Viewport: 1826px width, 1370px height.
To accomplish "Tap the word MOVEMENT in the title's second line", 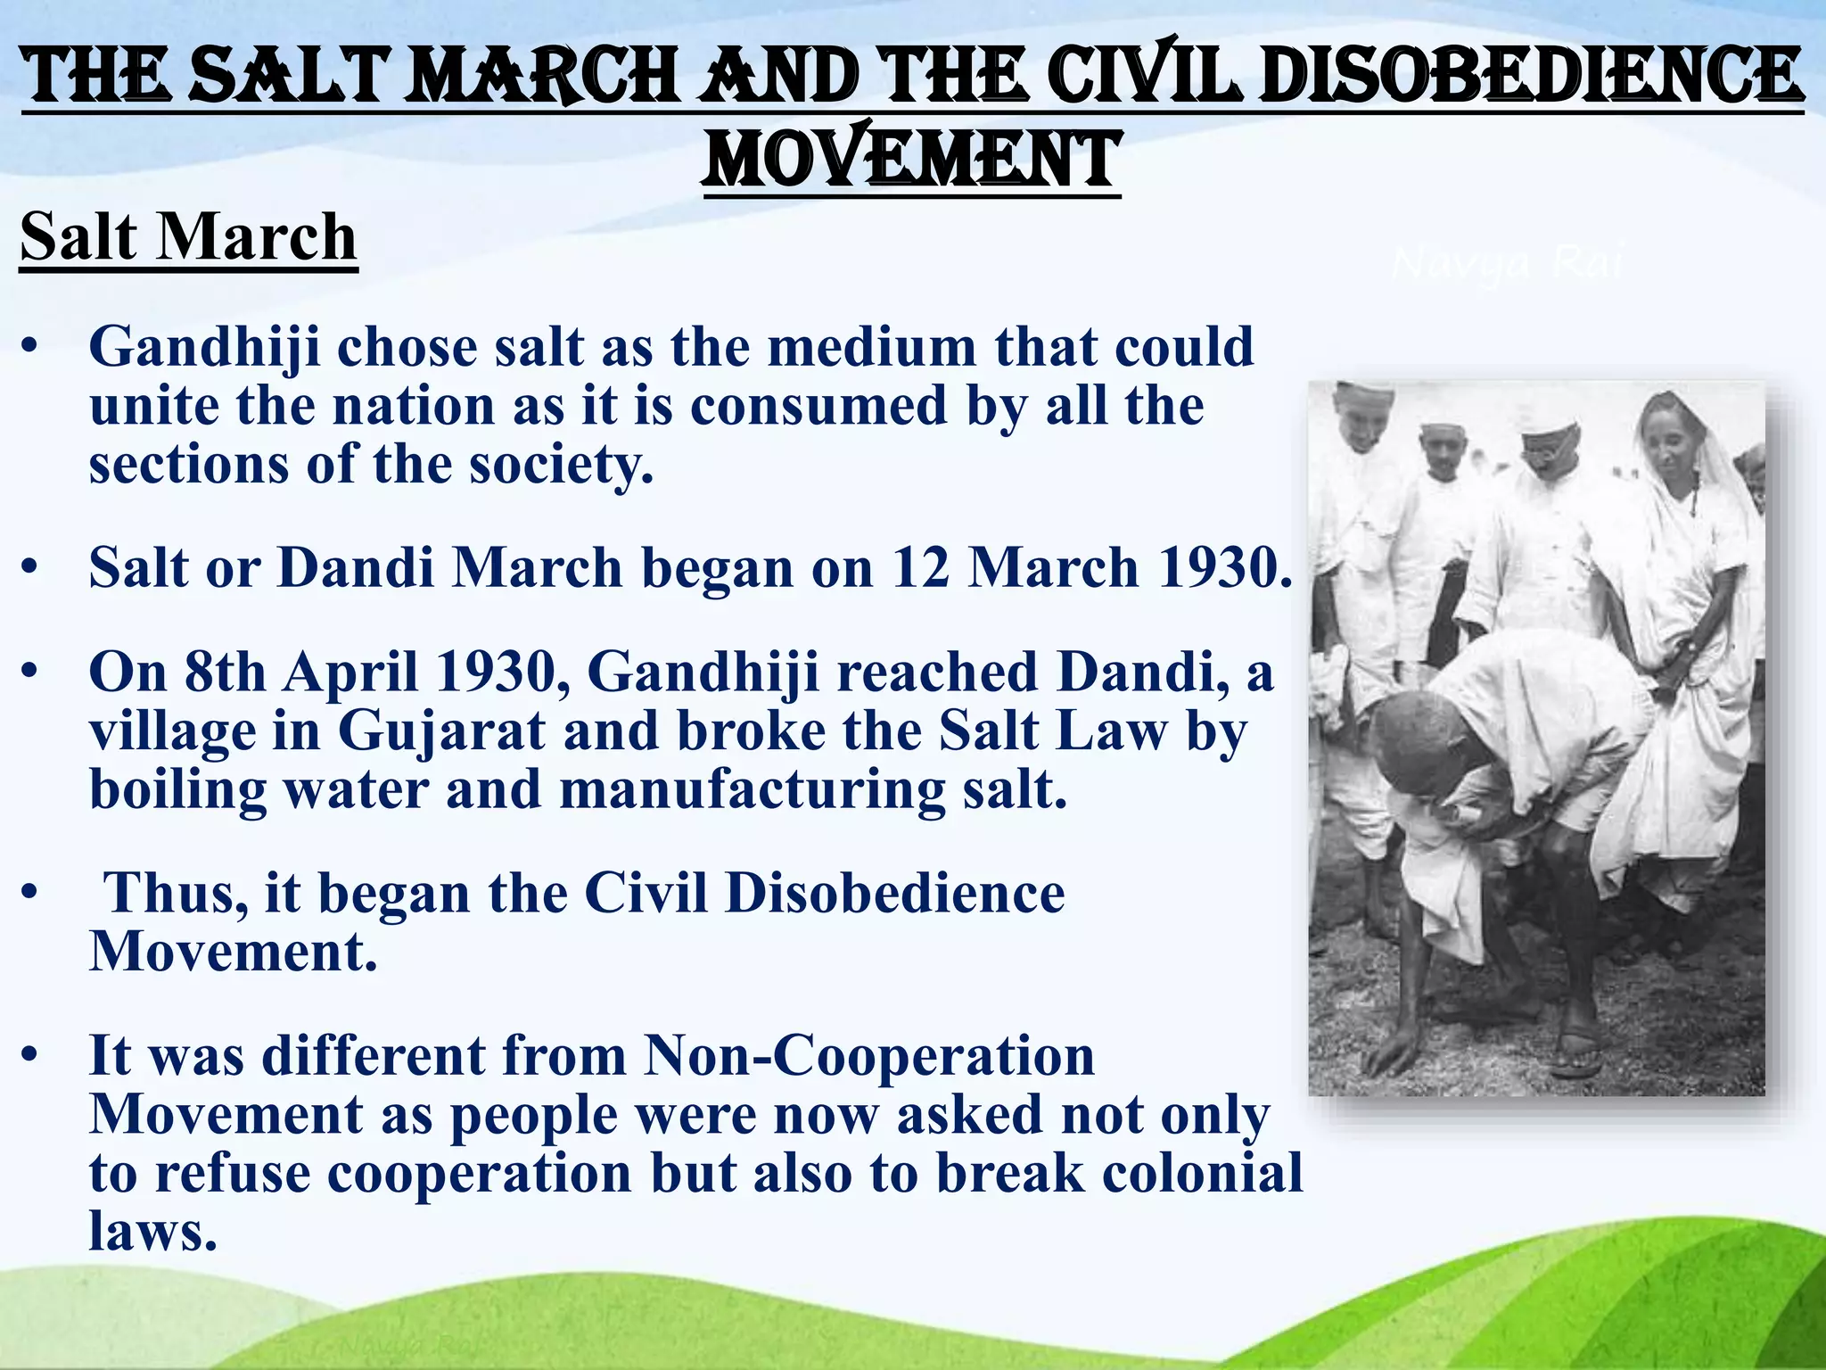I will coord(910,160).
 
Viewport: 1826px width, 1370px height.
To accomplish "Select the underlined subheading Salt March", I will coord(188,237).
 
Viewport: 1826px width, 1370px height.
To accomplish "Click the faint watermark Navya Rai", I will coord(1507,264).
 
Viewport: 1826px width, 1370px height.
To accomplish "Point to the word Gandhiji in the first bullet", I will coord(204,347).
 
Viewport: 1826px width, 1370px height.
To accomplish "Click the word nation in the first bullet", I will coord(414,406).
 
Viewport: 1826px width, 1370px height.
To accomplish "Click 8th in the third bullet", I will coord(225,672).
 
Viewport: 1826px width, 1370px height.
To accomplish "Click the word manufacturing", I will coord(752,790).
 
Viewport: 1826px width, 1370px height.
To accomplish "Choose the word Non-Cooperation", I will coord(868,1056).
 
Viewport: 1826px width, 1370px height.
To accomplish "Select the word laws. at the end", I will coord(152,1232).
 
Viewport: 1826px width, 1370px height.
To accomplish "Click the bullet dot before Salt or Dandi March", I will coord(30,567).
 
